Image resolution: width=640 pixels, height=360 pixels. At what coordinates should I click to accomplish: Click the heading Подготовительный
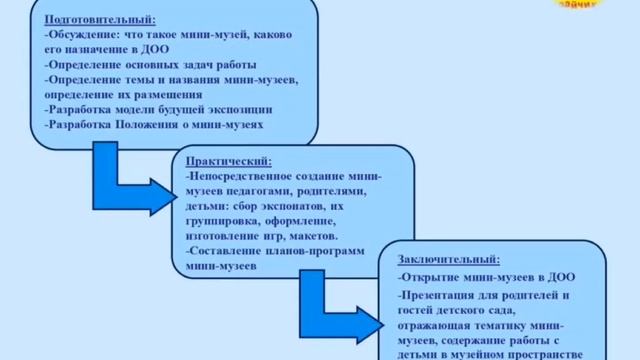98,17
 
